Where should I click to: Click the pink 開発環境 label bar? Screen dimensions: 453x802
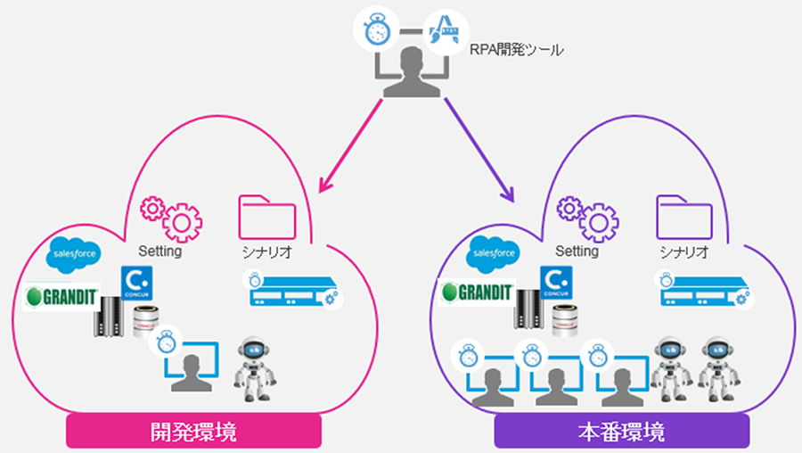click(193, 433)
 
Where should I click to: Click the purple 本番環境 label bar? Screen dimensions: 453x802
click(622, 433)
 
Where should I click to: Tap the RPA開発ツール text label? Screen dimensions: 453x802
click(517, 51)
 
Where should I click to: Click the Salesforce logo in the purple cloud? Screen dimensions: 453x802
click(495, 253)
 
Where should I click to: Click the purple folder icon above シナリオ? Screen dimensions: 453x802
click(684, 218)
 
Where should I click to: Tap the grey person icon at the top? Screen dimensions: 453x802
click(408, 73)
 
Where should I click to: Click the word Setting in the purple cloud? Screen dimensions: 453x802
click(577, 251)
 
